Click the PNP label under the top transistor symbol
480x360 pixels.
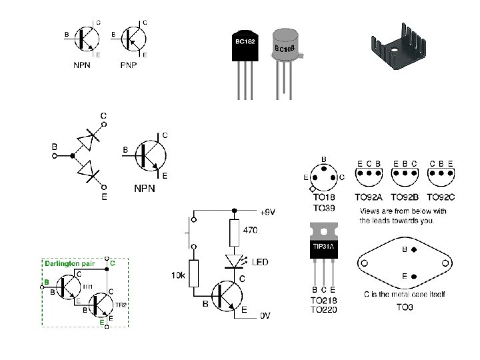(x=129, y=65)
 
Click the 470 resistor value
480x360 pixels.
(x=250, y=230)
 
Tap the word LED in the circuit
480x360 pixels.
(x=259, y=262)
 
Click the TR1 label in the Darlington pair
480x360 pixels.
(x=88, y=285)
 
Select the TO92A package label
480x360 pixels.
(x=369, y=197)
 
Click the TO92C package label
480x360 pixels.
(x=441, y=197)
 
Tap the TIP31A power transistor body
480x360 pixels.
(x=325, y=248)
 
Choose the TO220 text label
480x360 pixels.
(x=325, y=309)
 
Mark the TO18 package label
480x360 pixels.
(x=324, y=197)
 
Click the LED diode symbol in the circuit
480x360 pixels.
(x=234, y=260)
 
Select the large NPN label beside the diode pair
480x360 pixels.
(x=145, y=189)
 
